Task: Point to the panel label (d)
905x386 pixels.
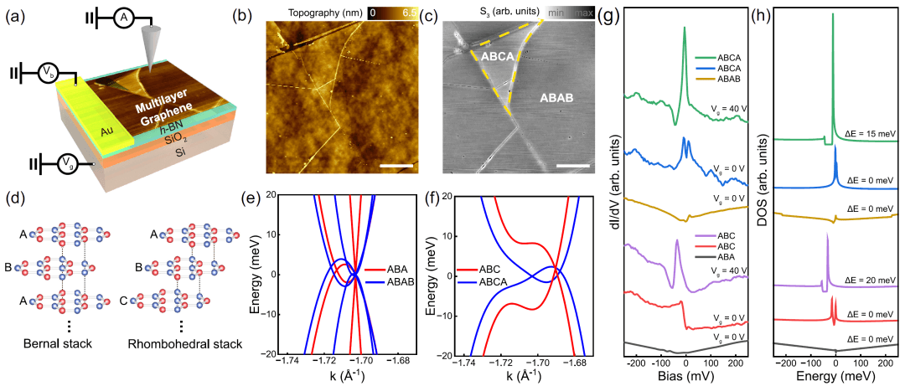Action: [x=14, y=202]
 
